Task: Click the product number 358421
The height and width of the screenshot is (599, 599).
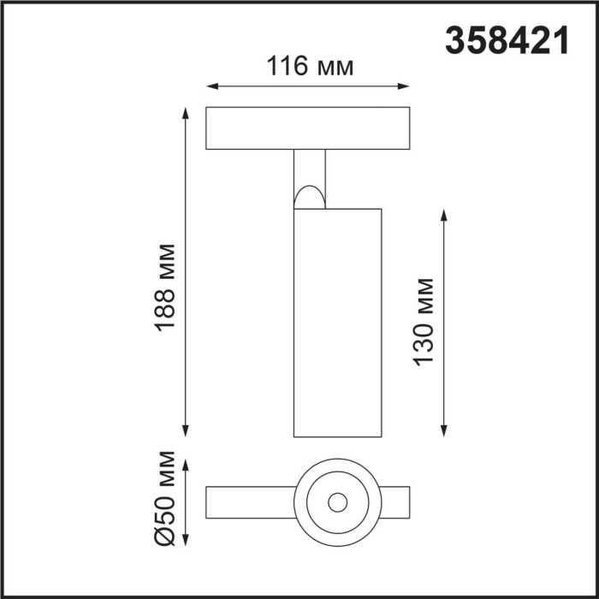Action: pos(507,39)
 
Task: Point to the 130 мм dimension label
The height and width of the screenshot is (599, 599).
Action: pos(424,322)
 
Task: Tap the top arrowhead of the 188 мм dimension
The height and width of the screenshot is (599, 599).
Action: pos(186,112)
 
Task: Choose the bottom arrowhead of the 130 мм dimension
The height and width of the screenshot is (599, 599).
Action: pos(444,430)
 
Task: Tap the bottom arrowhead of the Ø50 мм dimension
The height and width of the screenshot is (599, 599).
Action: pos(186,542)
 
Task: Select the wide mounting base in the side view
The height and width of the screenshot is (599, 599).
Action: pos(307,128)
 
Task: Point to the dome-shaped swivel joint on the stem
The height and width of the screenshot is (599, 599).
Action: pos(309,198)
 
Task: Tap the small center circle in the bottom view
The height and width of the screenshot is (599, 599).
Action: pos(338,501)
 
